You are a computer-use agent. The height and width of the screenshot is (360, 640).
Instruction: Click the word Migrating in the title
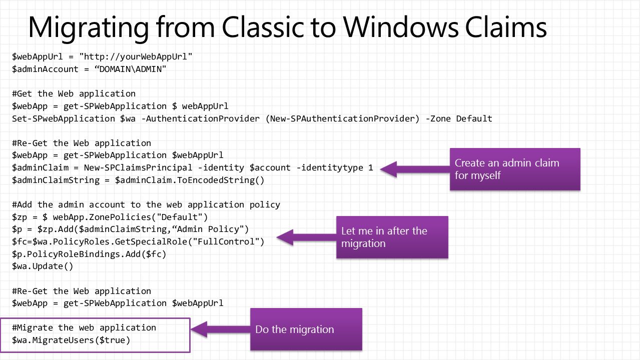(89, 28)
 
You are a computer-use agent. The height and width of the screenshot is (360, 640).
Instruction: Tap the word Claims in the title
(506, 27)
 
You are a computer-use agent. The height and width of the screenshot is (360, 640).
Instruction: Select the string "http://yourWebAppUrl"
(136, 57)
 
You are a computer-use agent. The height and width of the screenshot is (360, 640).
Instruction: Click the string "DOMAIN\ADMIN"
(130, 69)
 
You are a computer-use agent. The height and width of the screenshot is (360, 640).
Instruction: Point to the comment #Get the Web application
(74, 94)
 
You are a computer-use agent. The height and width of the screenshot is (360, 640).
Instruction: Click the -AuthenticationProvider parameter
(201, 118)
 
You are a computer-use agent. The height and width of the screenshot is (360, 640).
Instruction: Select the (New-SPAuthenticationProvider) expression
(342, 118)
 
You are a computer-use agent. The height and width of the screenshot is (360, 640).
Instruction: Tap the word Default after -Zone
(474, 118)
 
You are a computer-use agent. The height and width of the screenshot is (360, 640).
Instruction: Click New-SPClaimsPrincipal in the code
(138, 167)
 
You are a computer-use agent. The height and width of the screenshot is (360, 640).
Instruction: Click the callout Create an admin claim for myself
(515, 169)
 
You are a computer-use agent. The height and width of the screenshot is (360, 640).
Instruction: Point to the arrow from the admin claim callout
(415, 169)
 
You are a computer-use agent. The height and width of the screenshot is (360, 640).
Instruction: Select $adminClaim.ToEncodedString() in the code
(190, 180)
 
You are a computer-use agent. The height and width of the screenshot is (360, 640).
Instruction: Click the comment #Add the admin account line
(146, 204)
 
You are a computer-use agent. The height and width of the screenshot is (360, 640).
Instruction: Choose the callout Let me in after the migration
(392, 237)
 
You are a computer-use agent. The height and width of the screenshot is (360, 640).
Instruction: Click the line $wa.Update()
(43, 266)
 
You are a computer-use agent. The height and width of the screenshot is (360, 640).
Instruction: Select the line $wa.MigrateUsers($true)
(71, 340)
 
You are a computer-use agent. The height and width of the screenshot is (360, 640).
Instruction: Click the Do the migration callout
(306, 329)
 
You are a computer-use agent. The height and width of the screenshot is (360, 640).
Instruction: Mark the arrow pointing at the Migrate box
(220, 329)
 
